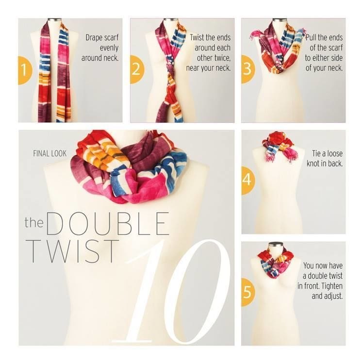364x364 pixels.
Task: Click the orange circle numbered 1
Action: click(x=25, y=70)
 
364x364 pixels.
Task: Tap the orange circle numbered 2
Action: click(x=136, y=69)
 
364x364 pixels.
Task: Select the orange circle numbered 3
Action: click(x=248, y=69)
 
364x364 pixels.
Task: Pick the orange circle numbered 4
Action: click(x=248, y=181)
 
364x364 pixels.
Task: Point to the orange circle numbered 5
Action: click(x=248, y=292)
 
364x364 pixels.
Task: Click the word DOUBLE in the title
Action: click(x=107, y=224)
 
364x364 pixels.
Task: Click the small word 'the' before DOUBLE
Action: click(x=34, y=222)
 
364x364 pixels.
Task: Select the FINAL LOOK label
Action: click(x=50, y=153)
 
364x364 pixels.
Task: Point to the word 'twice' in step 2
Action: click(x=222, y=58)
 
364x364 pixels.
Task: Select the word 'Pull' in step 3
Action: click(x=311, y=37)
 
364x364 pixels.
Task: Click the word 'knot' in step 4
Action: click(x=314, y=164)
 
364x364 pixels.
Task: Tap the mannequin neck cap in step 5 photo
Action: click(x=276, y=245)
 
